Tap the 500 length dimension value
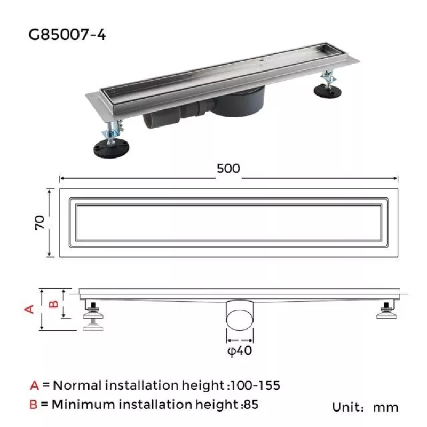(228, 168)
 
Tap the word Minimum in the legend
(80, 405)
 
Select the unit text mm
(385, 408)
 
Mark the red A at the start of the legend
(35, 385)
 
